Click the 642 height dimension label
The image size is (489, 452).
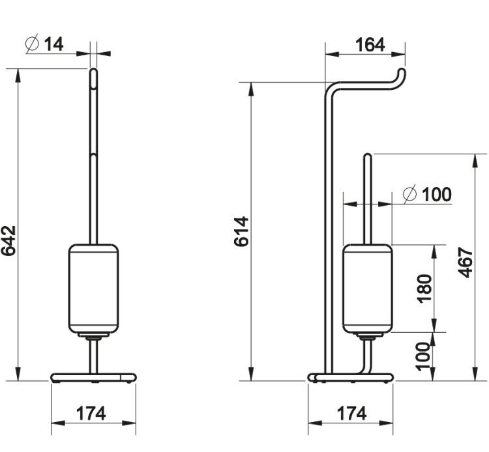(8, 240)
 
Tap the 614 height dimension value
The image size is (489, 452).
(241, 231)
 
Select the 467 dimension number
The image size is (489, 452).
(466, 262)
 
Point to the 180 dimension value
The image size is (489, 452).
(424, 289)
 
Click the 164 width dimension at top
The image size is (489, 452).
(370, 44)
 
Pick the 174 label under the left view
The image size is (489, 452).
(91, 414)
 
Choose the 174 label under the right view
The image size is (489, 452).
(351, 414)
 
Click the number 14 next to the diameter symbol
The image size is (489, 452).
(54, 44)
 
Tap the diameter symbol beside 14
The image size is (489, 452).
(32, 43)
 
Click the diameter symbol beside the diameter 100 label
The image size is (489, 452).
(409, 193)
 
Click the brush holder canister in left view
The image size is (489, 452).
(93, 289)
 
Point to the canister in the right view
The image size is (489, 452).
(367, 289)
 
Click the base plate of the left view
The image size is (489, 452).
(93, 378)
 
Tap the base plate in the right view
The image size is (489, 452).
(351, 378)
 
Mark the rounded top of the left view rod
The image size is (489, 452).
(93, 70)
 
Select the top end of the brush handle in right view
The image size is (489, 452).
(368, 156)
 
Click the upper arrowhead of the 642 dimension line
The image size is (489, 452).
(18, 76)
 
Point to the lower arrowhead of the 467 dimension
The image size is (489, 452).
(475, 373)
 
